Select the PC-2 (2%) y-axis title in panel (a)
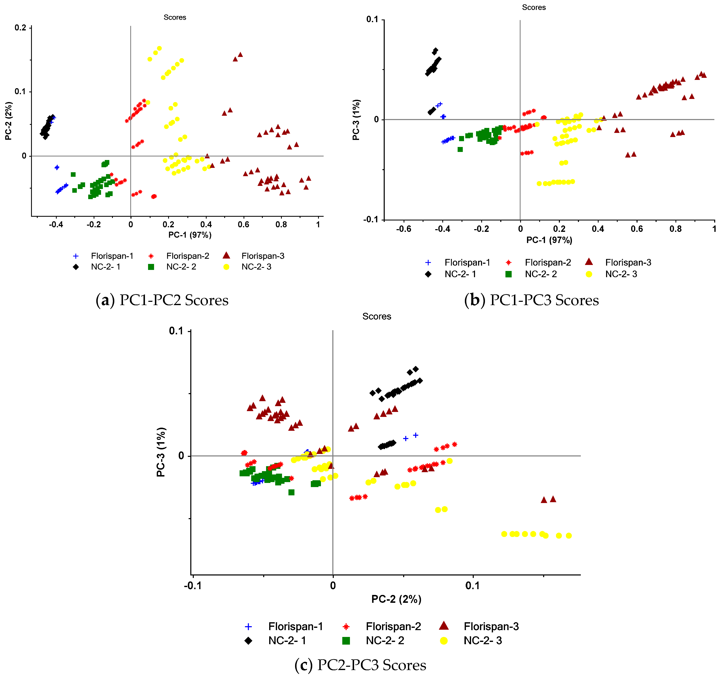[9, 121]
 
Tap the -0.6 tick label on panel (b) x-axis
[403, 229]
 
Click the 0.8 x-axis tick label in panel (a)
[281, 224]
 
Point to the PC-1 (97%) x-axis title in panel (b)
[549, 240]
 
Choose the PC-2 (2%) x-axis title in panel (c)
[396, 599]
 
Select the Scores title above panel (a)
[175, 17]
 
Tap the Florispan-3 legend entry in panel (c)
[491, 626]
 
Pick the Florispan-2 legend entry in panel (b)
[548, 262]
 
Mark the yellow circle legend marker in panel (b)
[589, 274]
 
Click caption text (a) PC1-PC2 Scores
[162, 300]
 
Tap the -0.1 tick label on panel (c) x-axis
[193, 586]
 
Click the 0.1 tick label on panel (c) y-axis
[177, 331]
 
